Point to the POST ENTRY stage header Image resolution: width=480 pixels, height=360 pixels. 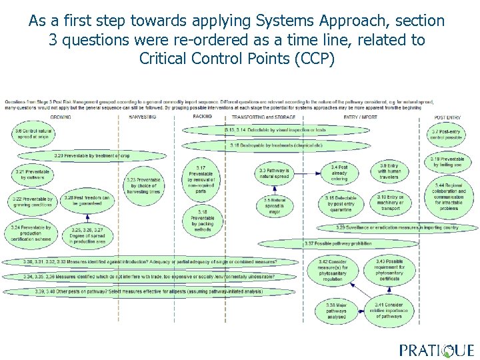pyautogui.click(x=447, y=117)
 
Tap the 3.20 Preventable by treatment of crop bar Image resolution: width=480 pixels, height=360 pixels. pyautogui.click(x=93, y=155)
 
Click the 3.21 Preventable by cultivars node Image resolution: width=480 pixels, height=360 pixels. pyautogui.click(x=32, y=175)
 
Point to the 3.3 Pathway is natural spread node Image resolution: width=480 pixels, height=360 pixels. pyautogui.click(x=274, y=174)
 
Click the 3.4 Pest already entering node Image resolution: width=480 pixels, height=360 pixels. pyautogui.click(x=339, y=173)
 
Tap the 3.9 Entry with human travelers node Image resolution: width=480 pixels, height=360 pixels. pyautogui.click(x=389, y=171)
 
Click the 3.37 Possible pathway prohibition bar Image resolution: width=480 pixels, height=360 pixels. pyautogui.click(x=329, y=243)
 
